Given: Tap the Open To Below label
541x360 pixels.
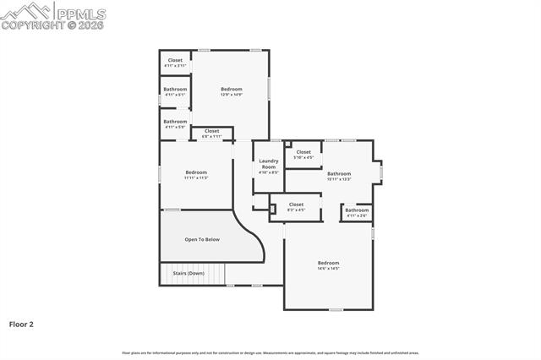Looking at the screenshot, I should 202,239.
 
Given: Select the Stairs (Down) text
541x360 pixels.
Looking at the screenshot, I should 189,273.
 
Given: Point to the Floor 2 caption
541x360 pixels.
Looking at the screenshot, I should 21,324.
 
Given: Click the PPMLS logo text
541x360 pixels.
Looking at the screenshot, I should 80,12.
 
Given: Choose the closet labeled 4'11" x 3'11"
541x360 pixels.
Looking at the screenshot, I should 175,63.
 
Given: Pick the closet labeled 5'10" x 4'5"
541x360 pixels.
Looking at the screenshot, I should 303,155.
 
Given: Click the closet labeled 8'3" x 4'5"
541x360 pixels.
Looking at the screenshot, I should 296,206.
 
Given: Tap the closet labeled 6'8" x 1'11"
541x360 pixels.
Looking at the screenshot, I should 211,133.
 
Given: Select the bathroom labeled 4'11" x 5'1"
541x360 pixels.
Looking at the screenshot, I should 175,91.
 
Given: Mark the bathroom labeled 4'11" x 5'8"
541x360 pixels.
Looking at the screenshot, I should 175,123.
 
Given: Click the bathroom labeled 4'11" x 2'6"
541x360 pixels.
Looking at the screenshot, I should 357,212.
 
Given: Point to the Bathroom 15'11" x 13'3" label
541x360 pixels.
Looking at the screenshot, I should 339,176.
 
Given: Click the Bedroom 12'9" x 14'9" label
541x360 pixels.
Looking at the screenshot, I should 232,91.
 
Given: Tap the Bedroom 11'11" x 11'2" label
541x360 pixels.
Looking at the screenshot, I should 196,175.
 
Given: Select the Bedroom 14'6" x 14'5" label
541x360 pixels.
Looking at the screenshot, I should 328,265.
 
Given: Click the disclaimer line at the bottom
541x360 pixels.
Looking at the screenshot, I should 270,352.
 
